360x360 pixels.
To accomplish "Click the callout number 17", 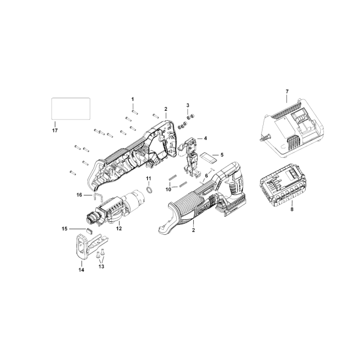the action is pos(55,130).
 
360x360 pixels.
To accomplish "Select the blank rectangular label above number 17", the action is pos(71,109).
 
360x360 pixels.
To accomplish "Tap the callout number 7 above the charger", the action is pos(287,91).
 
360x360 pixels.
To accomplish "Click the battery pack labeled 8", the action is pos(282,186).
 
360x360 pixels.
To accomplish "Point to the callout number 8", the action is pos(292,209).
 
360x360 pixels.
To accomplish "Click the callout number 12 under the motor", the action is pos(119,228).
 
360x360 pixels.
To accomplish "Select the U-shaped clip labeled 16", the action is pos(98,198).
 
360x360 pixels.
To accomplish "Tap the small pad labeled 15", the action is pos(89,230).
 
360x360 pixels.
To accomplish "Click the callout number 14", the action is pos(81,270).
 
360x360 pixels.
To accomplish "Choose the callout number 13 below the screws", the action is pos(101,266).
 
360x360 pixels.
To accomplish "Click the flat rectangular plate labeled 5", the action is pos(208,158).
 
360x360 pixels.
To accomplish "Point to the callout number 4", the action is pos(205,138).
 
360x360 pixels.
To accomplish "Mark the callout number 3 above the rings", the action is pos(188,105).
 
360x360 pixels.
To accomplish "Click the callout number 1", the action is pos(132,99).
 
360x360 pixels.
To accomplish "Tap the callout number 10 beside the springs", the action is pos(168,189).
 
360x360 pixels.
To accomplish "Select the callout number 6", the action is pos(207,176).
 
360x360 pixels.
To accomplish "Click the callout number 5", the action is pos(222,155).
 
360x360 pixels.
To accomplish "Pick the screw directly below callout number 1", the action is pos(135,112).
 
